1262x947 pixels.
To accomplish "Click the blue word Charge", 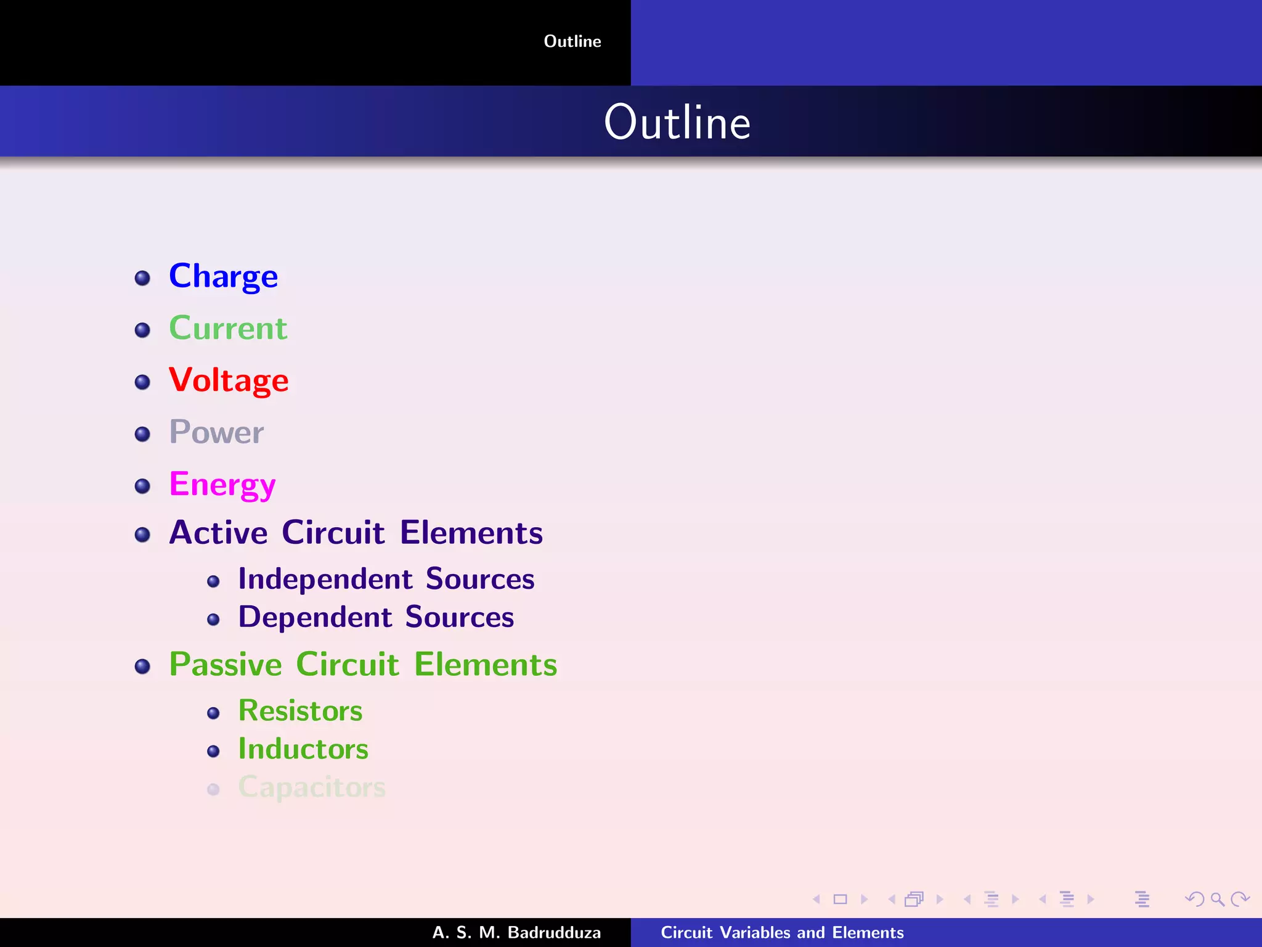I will pos(223,276).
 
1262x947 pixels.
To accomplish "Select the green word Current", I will pos(228,328).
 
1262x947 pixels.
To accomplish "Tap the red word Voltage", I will pos(229,380).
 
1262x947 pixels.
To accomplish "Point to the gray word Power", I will pos(216,432).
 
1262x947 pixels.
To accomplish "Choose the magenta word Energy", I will pos(222,485).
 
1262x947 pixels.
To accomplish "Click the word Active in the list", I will pos(218,533).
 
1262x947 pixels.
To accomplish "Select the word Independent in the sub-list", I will pos(325,580).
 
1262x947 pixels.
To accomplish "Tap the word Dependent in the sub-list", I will pos(315,618).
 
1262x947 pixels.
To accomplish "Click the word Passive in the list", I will pos(226,665).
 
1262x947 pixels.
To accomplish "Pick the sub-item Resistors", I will pos(300,711).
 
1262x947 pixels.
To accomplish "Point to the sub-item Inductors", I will pos(303,749).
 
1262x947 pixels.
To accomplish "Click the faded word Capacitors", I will pos(312,787).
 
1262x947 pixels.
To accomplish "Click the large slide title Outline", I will pos(677,122).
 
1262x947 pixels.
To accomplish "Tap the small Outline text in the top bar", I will pos(572,41).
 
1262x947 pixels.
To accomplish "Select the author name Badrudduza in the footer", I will pos(553,932).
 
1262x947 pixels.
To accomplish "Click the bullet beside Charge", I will pos(142,278).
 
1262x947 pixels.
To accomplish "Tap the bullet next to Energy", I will pos(142,486).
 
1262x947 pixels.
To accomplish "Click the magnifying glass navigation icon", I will pos(1217,900).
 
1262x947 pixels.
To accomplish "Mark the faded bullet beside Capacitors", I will pos(213,789).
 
